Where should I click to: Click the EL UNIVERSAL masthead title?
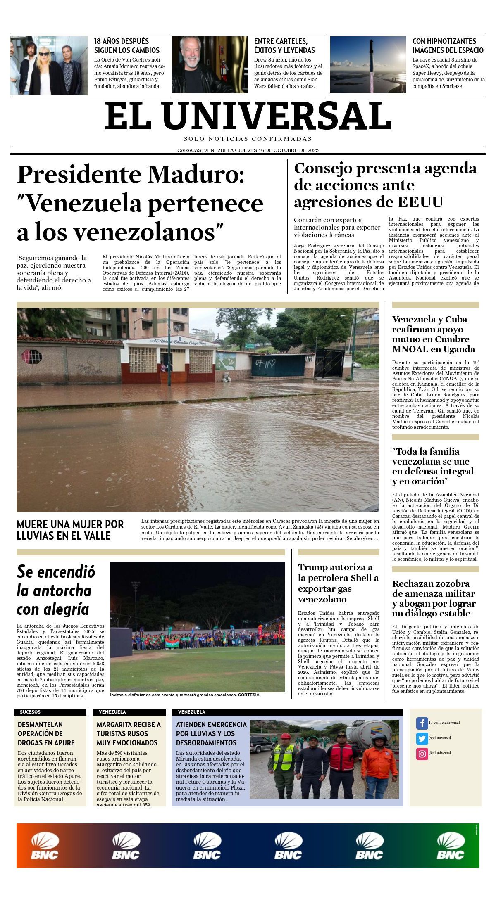click(248, 116)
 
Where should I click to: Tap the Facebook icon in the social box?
click(422, 723)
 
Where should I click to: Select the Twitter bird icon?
click(422, 738)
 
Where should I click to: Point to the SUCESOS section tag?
click(30, 712)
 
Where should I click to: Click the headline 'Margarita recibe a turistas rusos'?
click(129, 733)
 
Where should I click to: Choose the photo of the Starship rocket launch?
click(368, 65)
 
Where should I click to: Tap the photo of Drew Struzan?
click(210, 65)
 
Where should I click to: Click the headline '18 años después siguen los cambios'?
click(126, 45)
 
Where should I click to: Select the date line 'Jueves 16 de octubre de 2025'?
click(278, 150)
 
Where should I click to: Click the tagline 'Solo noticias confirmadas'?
click(248, 139)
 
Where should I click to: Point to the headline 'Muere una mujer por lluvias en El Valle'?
click(70, 530)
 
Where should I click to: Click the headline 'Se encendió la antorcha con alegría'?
click(56, 590)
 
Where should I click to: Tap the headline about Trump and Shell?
click(338, 583)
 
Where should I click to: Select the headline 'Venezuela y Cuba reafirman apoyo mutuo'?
click(433, 334)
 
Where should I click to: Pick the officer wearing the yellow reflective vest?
click(283, 765)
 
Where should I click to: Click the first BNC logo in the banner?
click(45, 846)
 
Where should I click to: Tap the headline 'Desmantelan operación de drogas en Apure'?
click(46, 733)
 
